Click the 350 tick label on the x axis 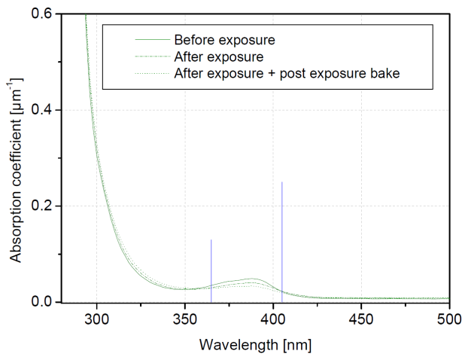click(x=184, y=319)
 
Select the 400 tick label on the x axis click(x=272, y=319)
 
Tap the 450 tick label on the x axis click(x=360, y=319)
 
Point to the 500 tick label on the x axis click(x=448, y=319)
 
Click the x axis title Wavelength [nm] click(x=255, y=346)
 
